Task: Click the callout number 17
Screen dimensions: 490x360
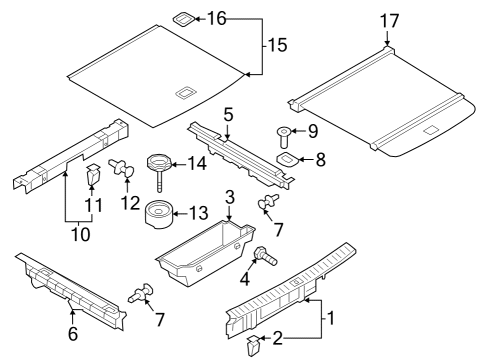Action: (389, 21)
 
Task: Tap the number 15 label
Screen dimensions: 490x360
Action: (277, 45)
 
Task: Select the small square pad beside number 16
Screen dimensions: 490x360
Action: (183, 19)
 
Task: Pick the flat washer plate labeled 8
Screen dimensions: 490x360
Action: (287, 159)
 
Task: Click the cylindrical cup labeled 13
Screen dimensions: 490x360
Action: (159, 214)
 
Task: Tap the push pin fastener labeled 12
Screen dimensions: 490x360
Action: (121, 167)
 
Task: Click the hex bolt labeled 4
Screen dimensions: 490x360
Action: (265, 257)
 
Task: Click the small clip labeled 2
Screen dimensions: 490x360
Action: (253, 345)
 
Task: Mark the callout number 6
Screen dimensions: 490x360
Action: (73, 333)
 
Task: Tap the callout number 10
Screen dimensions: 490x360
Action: (81, 234)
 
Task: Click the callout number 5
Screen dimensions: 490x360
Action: (228, 114)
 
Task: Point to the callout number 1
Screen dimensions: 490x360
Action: (330, 318)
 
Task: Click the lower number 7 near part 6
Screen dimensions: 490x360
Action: (160, 320)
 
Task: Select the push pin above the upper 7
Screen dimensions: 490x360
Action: (269, 201)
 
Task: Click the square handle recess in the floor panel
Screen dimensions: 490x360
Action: (186, 92)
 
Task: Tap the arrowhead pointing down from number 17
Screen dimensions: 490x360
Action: (387, 43)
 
